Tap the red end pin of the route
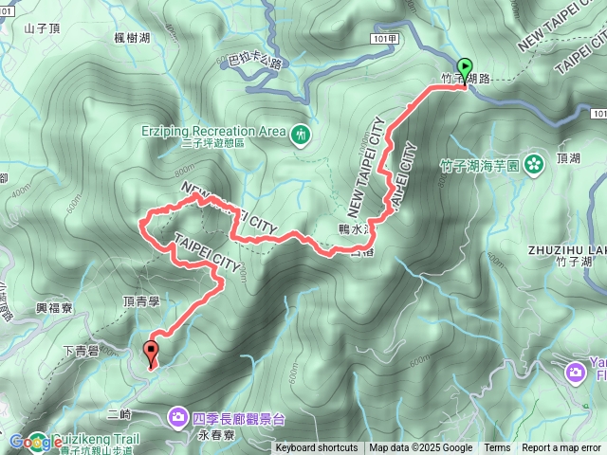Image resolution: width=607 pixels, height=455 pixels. pyautogui.click(x=151, y=353)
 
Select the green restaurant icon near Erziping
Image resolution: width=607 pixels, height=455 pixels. pyautogui.click(x=301, y=135)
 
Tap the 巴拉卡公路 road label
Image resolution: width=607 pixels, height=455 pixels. pyautogui.click(x=256, y=64)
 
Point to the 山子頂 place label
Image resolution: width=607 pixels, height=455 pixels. pyautogui.click(x=42, y=28)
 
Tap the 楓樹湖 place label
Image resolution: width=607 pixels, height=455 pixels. pyautogui.click(x=132, y=36)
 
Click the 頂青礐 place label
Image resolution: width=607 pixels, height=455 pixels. pyautogui.click(x=141, y=300)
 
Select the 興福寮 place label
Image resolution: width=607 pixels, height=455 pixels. pyautogui.click(x=54, y=307)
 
